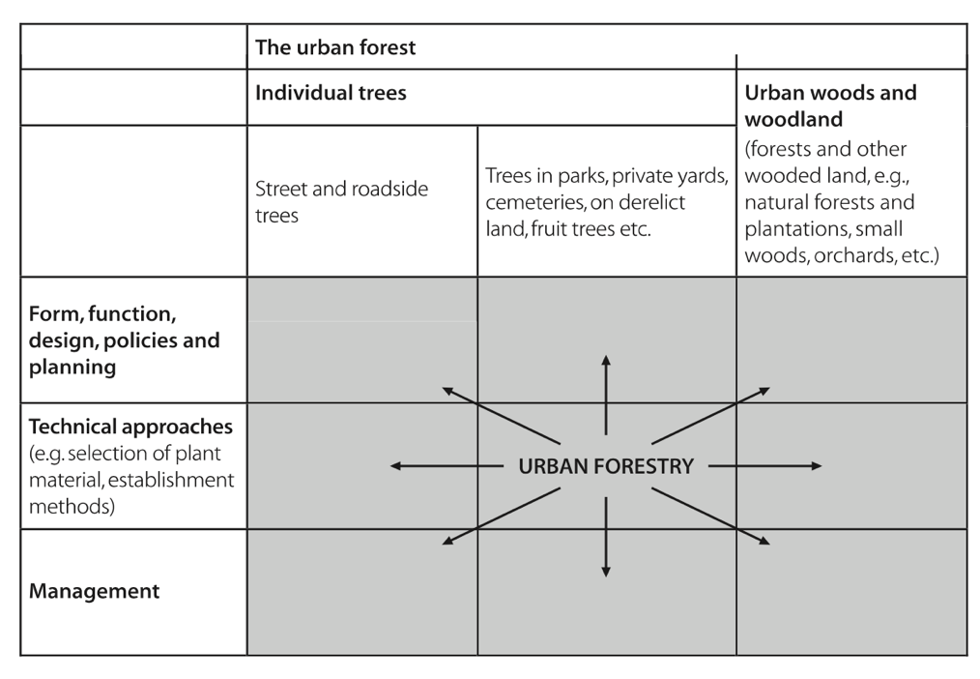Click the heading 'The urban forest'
point(335,47)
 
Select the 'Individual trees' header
point(331,93)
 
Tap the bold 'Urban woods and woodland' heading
point(830,105)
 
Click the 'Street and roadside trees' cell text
point(342,202)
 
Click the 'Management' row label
point(95,591)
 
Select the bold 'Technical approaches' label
point(130,427)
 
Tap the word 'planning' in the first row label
point(72,368)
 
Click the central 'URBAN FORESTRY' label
point(606,466)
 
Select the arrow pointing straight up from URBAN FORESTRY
point(606,395)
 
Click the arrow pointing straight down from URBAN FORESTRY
point(606,537)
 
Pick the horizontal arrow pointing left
point(447,466)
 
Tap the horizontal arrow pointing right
point(765,466)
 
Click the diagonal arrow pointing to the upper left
point(501,416)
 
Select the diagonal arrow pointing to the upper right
point(710,416)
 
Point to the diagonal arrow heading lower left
point(501,517)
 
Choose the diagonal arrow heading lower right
point(710,517)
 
